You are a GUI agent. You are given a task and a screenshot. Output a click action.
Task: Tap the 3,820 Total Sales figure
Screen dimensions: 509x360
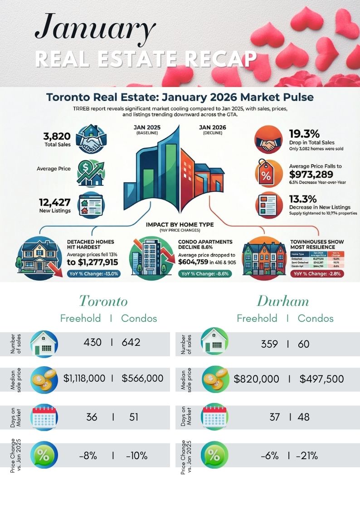coord(57,136)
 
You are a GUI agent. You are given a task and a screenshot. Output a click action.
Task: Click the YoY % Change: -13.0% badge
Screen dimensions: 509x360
coord(93,273)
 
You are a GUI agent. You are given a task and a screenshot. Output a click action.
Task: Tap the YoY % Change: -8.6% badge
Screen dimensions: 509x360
coord(205,273)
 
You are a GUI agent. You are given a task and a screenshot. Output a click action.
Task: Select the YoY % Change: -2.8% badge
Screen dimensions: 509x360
coord(318,273)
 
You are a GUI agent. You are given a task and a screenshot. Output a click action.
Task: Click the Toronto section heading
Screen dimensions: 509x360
coord(103,301)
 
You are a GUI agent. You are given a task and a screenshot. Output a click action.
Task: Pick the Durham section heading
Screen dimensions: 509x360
coord(283,301)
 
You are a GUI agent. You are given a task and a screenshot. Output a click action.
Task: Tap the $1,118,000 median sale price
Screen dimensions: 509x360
coord(84,378)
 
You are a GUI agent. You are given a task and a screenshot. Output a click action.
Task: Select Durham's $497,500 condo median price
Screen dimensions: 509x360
coord(321,378)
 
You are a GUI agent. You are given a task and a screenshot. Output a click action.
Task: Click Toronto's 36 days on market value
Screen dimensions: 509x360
coord(92,417)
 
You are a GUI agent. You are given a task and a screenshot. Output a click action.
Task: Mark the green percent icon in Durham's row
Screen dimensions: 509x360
coord(214,456)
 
